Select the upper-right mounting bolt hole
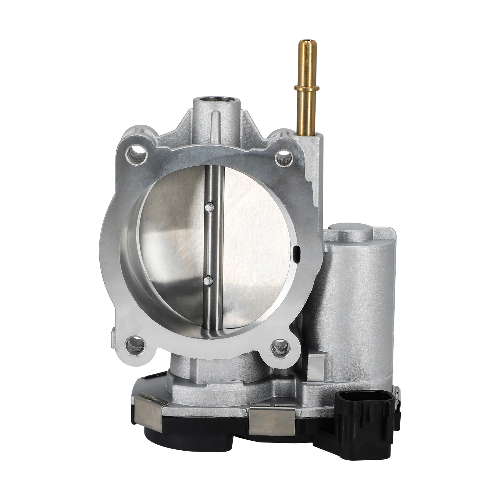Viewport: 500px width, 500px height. tap(284, 155)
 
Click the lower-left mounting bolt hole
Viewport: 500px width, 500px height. tap(135, 344)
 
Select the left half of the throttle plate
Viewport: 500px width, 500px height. tap(175, 244)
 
